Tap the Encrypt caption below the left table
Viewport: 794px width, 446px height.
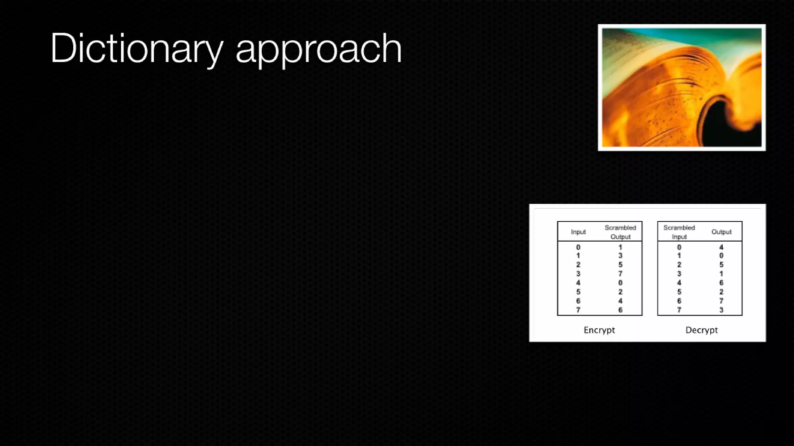(599, 330)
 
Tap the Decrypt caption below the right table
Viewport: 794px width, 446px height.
(701, 330)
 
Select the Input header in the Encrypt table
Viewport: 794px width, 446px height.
(578, 232)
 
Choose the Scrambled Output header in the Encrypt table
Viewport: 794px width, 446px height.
(620, 232)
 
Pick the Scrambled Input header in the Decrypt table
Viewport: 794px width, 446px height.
(679, 232)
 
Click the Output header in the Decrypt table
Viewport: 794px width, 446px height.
(721, 232)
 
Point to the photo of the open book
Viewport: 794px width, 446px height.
(682, 87)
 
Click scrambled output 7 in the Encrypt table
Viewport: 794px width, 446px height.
(620, 274)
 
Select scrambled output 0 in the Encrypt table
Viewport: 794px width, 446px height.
(620, 283)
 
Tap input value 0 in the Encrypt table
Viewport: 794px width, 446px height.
(578, 247)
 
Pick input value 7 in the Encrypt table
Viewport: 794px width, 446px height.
(578, 310)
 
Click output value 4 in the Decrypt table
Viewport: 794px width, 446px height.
(721, 247)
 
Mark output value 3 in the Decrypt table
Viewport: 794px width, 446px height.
(721, 310)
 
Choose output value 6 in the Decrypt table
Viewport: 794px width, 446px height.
(721, 283)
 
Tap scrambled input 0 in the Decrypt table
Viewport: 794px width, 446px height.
(679, 247)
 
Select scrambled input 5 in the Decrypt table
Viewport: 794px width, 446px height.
(679, 292)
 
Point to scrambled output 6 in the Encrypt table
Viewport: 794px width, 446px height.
(620, 310)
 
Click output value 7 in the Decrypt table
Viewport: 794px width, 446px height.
(721, 301)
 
